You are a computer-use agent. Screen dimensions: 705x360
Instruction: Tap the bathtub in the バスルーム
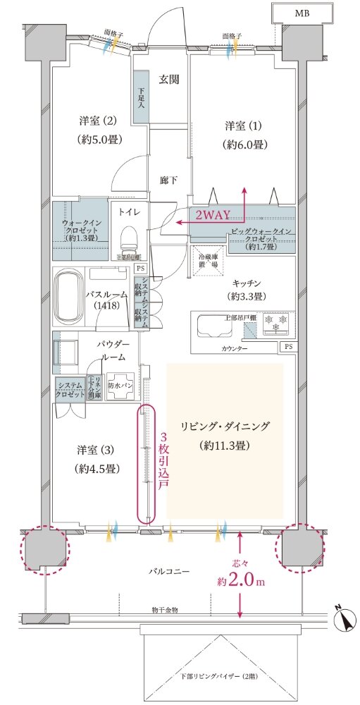point(67,297)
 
